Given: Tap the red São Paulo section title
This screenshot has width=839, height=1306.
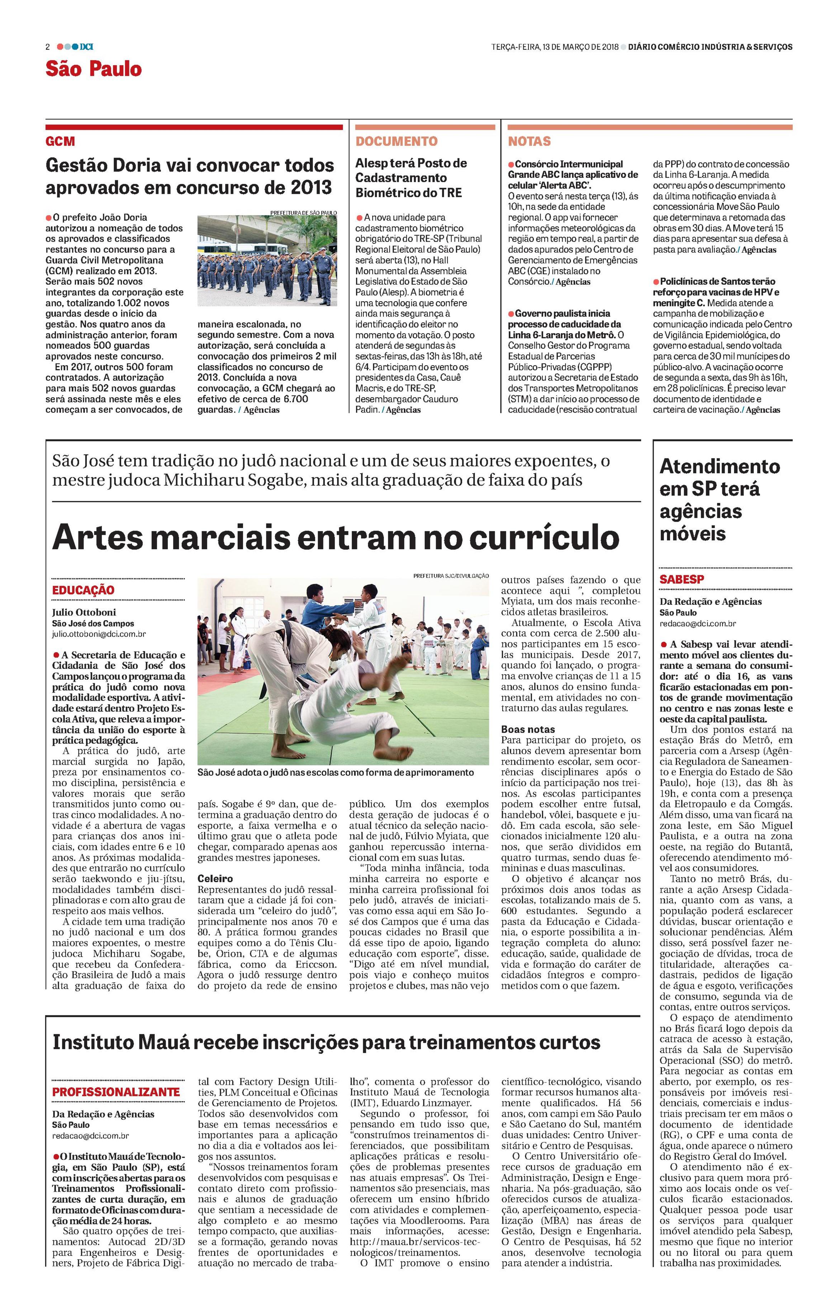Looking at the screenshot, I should pyautogui.click(x=93, y=69).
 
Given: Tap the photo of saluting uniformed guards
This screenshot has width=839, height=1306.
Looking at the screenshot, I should pyautogui.click(x=267, y=261).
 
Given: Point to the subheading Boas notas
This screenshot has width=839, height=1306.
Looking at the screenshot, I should pyautogui.click(x=528, y=729).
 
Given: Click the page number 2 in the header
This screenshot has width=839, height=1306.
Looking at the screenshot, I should pyautogui.click(x=48, y=47).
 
